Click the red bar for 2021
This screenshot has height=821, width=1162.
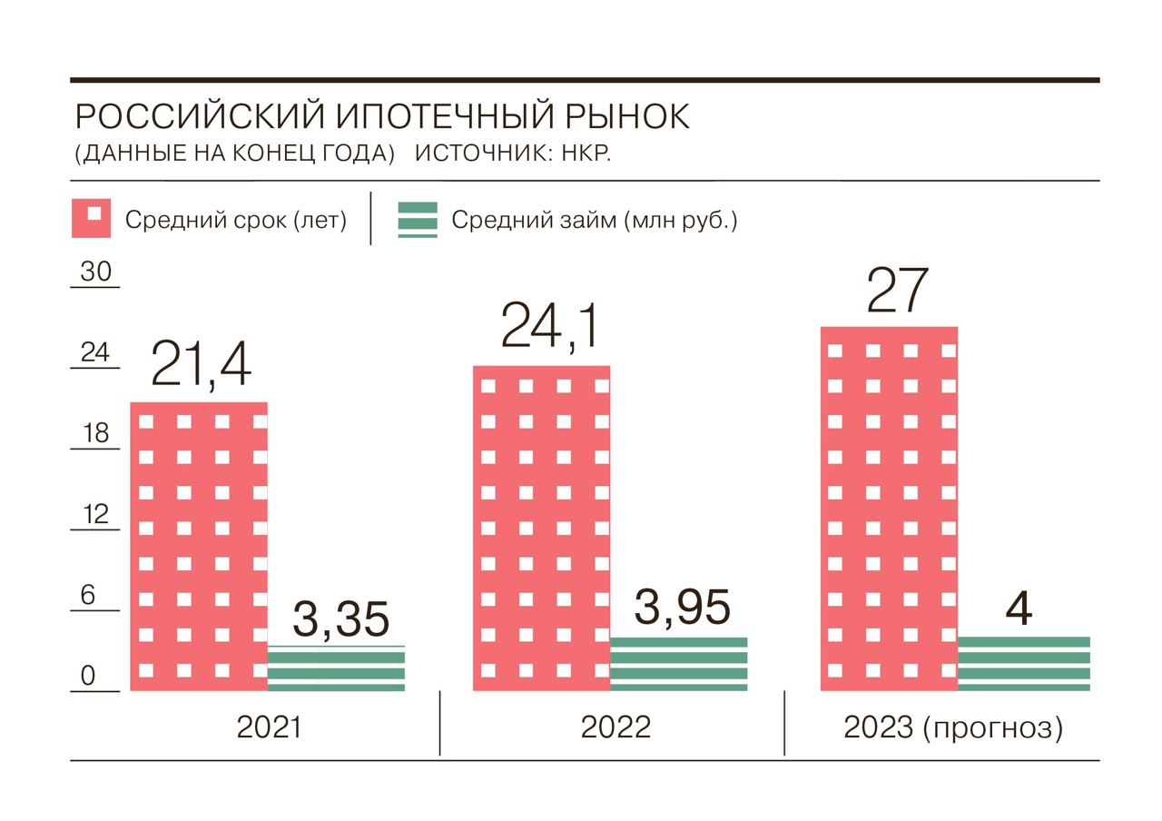pos(199,546)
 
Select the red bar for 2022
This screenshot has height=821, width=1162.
pos(541,528)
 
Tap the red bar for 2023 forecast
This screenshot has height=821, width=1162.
pos(889,509)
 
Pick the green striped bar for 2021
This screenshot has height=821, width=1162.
pos(336,668)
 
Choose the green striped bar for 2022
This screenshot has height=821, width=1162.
pos(678,664)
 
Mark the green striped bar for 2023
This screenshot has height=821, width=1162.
pos(1023,664)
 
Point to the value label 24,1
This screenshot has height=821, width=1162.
pos(549,328)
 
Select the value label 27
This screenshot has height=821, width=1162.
pos(897,290)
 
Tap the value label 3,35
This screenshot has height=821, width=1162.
pos(340,620)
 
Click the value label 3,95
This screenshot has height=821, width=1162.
pos(682,607)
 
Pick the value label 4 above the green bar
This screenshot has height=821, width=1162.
pos(1020,608)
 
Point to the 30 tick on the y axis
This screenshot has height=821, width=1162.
pos(94,272)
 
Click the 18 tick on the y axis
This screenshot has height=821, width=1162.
pos(94,433)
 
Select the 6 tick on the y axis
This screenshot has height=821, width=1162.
pos(88,596)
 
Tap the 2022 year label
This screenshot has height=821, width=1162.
pos(615,727)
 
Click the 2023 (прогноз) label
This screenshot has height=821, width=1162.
pos(952,727)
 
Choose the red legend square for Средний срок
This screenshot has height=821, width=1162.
pos(91,219)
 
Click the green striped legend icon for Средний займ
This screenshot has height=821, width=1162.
pos(418,220)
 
